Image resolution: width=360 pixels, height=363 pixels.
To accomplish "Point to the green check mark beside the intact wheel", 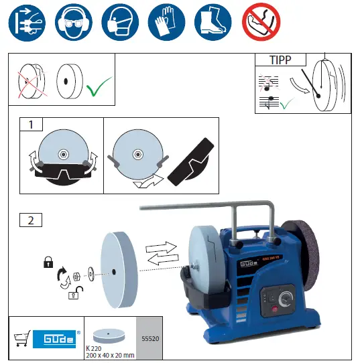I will [x=99, y=86].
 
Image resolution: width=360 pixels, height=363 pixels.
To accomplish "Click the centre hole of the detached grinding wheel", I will [x=113, y=271].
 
